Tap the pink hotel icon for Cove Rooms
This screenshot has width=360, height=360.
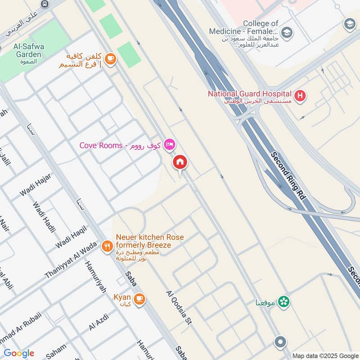[170, 144]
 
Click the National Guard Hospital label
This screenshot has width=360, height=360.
[250, 94]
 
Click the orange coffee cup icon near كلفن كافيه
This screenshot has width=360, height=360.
[110, 58]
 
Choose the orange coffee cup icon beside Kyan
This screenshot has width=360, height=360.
[139, 298]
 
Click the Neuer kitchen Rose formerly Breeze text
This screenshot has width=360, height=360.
[149, 241]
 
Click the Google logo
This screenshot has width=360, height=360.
[19, 353]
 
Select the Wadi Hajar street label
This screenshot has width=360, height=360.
[36, 185]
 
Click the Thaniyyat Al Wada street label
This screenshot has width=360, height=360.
[71, 261]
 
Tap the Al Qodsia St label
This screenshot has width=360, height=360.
[179, 308]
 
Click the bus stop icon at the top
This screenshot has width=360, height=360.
[45, 4]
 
